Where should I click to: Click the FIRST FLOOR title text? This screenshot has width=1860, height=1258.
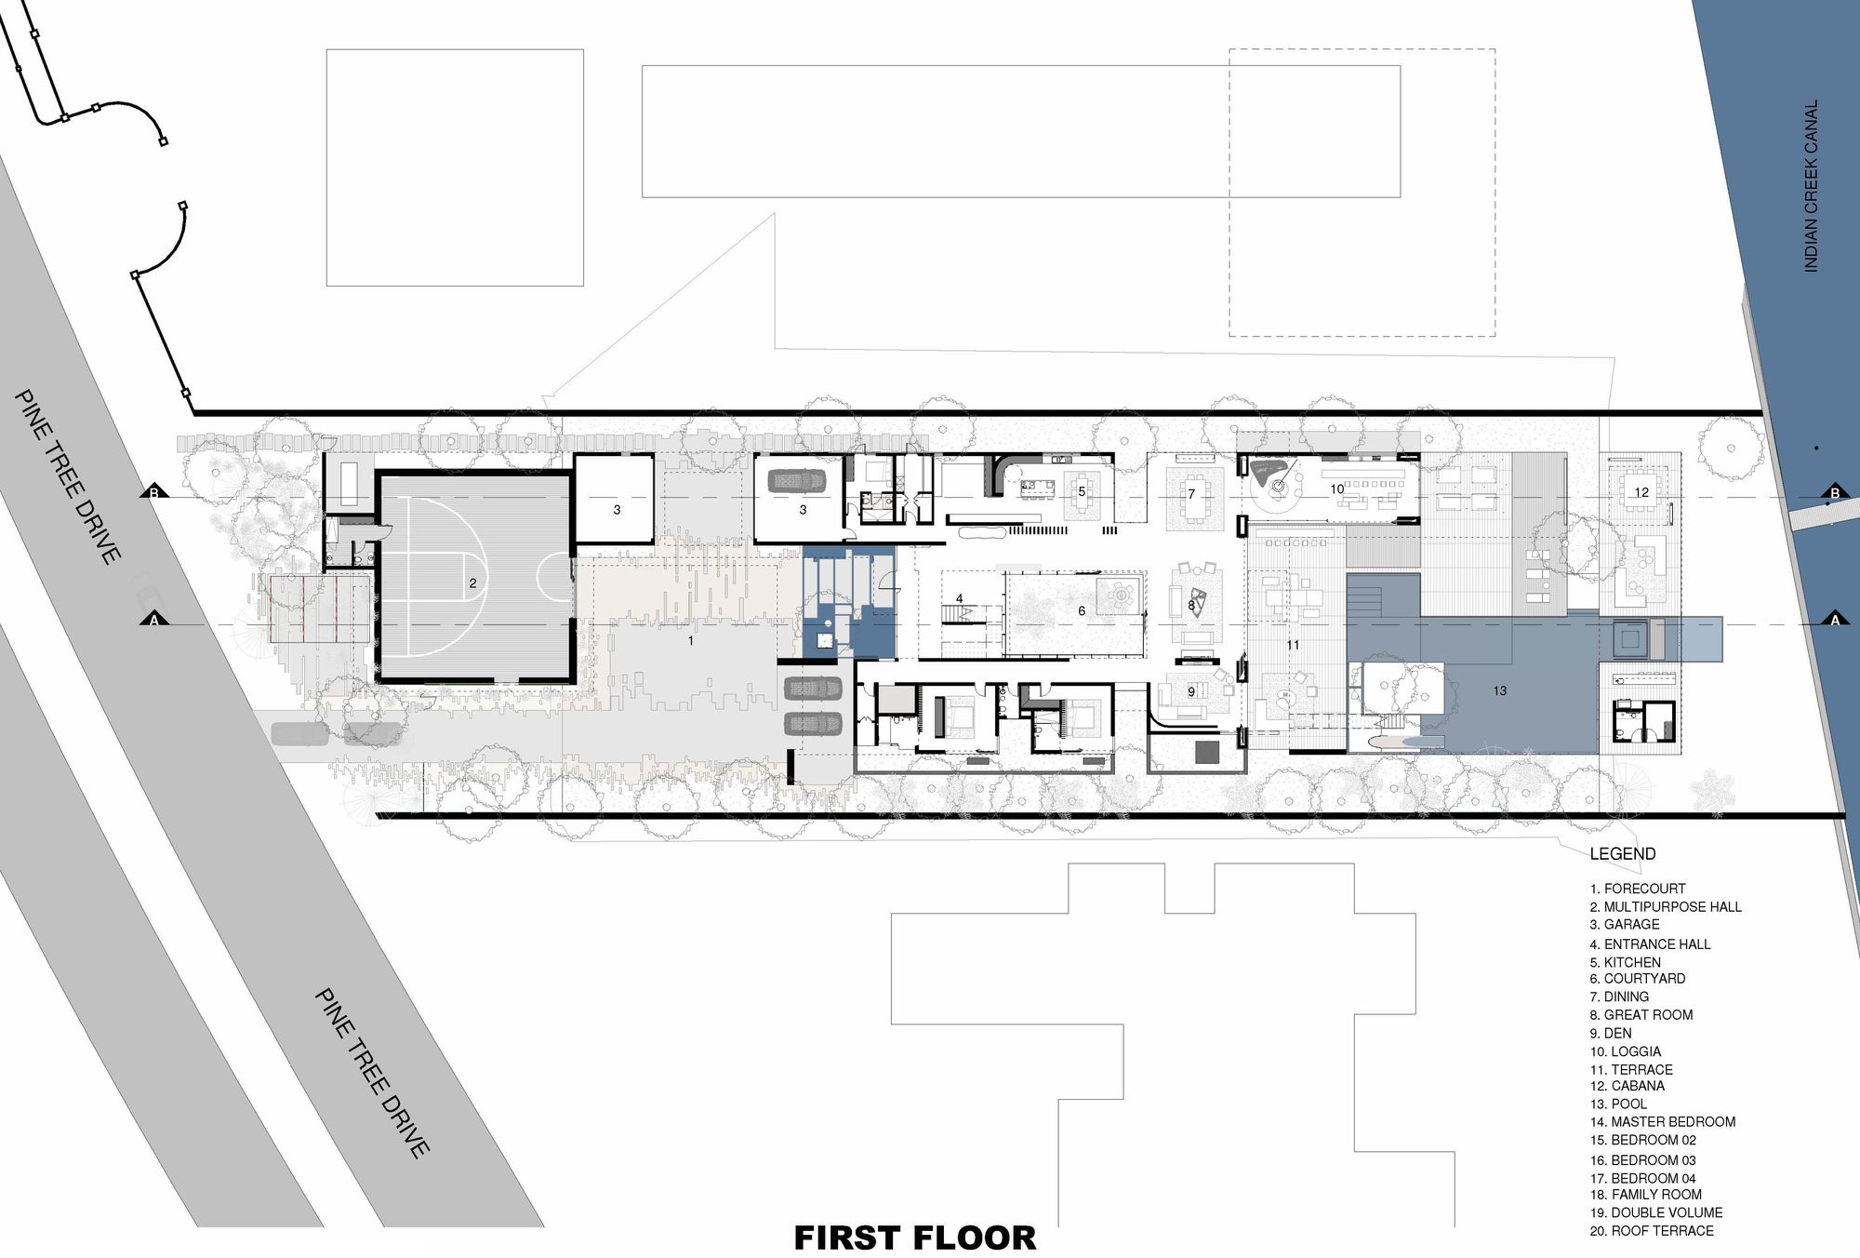click(915, 1238)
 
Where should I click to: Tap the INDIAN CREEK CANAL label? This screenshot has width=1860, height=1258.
click(1811, 186)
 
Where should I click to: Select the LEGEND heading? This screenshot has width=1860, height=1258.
click(1623, 853)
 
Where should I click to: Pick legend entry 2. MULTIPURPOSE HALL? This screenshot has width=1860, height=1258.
click(1666, 906)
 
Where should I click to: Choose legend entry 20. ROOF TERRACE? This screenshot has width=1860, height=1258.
click(1652, 1230)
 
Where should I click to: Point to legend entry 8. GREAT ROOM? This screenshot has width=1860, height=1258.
click(1641, 1014)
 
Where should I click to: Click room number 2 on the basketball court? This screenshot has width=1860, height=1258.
click(472, 583)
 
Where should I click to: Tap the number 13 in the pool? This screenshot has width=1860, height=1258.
click(1499, 690)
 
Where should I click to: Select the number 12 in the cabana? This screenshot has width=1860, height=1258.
click(1641, 492)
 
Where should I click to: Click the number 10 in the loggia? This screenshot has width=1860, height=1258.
click(1336, 488)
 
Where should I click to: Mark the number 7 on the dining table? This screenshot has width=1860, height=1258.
click(1191, 494)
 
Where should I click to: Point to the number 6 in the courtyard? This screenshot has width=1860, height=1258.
click(1082, 611)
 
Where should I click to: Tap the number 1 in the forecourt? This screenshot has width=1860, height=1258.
click(690, 641)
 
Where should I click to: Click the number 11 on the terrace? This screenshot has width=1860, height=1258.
click(1293, 644)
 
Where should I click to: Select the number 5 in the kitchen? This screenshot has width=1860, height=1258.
click(1082, 491)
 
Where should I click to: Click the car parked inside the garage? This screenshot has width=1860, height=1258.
click(797, 481)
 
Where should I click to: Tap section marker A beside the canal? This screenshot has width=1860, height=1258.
click(1835, 620)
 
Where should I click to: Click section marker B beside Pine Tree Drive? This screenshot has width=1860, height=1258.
click(154, 492)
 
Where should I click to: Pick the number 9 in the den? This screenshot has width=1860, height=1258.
click(1191, 692)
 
